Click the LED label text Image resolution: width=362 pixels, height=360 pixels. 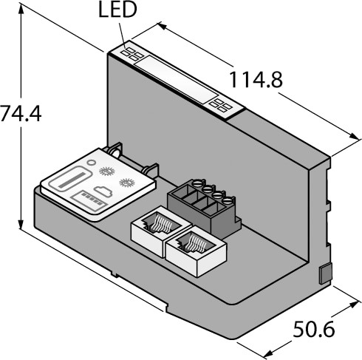pos(117,10)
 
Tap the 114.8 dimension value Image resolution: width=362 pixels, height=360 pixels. pos(256,80)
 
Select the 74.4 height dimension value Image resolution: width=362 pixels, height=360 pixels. pos(21,114)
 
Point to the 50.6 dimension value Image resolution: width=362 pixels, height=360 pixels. pos(314,329)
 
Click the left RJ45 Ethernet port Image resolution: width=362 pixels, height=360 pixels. pos(161,231)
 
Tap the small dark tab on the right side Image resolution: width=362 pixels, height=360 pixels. pos(326,274)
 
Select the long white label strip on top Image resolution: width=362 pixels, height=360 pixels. pos(176,79)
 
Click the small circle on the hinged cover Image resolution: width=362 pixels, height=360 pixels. pos(92,162)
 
